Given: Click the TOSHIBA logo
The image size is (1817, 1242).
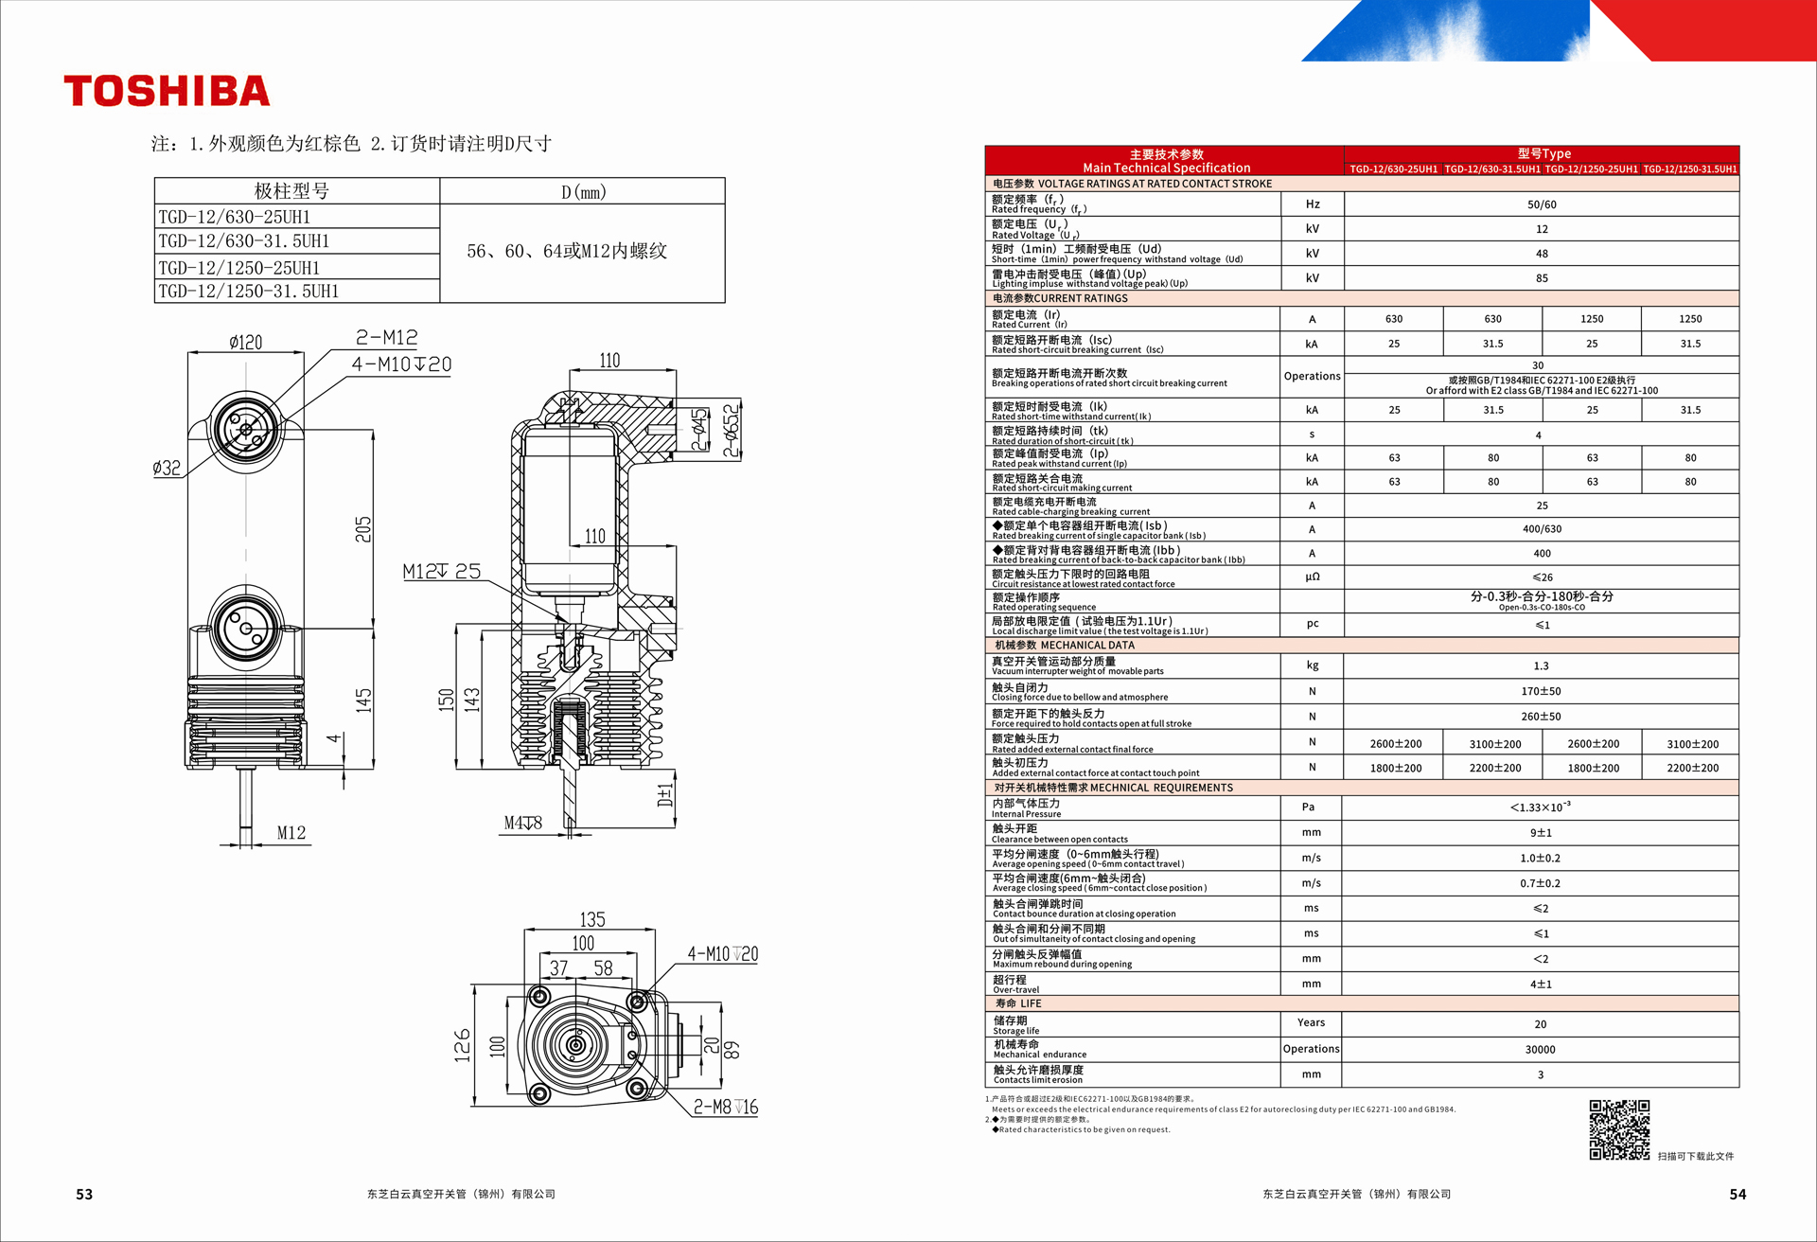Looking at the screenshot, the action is pyautogui.click(x=167, y=91).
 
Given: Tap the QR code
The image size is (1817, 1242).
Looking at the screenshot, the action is pyautogui.click(x=1619, y=1129).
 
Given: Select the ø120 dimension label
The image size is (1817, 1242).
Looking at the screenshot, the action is pyautogui.click(x=246, y=342).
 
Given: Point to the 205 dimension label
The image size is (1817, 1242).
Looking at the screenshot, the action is pyautogui.click(x=363, y=529).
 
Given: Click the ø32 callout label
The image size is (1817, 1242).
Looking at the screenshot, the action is pyautogui.click(x=167, y=468).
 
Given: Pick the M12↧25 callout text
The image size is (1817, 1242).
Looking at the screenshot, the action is pyautogui.click(x=442, y=572).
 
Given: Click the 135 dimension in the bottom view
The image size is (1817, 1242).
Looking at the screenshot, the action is pyautogui.click(x=592, y=919).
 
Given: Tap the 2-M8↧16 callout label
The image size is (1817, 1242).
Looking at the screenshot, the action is pyautogui.click(x=726, y=1107).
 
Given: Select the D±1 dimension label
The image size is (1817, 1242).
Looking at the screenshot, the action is pyautogui.click(x=665, y=794).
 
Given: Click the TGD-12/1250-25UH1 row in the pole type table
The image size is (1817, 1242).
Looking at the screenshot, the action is pyautogui.click(x=239, y=268).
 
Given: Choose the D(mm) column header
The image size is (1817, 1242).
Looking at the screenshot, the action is pyautogui.click(x=583, y=192).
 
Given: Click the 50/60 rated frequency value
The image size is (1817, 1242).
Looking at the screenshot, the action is pyautogui.click(x=1542, y=204).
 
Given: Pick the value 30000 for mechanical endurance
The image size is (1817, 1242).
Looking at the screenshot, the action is pyautogui.click(x=1541, y=1050).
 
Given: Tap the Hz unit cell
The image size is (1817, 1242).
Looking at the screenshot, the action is pyautogui.click(x=1313, y=204).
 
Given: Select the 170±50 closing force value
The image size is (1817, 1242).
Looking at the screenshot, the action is pyautogui.click(x=1542, y=692).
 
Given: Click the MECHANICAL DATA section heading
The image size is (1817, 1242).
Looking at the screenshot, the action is pyautogui.click(x=1065, y=646).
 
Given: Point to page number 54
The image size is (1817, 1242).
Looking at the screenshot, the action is pyautogui.click(x=1738, y=1195).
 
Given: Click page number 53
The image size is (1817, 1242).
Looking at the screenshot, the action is pyautogui.click(x=84, y=1195).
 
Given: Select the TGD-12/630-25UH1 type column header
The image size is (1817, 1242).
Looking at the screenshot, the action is pyautogui.click(x=1394, y=169).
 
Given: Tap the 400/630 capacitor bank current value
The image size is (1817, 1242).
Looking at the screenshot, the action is pyautogui.click(x=1542, y=529).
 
